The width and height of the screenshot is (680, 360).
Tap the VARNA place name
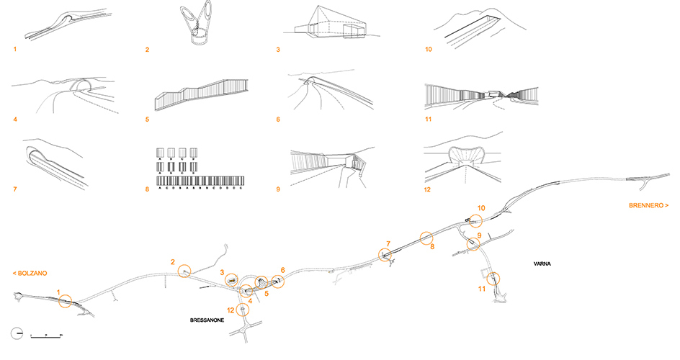tap(544, 264)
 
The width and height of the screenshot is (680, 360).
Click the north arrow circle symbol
tap(17, 334)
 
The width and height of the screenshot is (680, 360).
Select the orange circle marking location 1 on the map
tap(65, 301)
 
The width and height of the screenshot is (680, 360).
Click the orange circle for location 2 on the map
tap(185, 271)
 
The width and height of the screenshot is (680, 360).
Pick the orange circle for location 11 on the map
tap(493, 278)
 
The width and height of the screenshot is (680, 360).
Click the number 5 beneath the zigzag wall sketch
tap(147, 119)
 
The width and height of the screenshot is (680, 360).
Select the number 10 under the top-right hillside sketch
tap(429, 50)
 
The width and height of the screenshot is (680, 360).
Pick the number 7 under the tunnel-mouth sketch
tap(14, 190)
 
